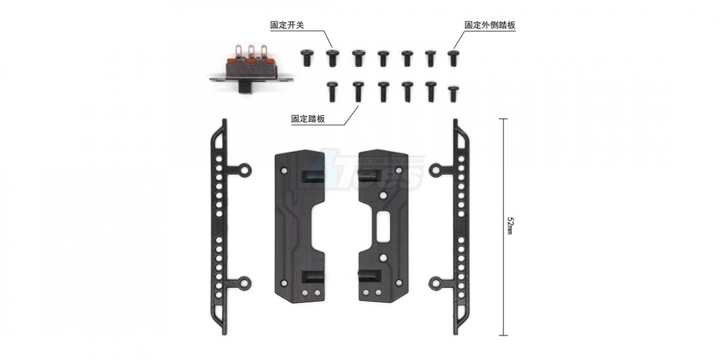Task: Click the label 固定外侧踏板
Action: click(x=490, y=24)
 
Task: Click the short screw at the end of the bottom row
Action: click(x=453, y=93)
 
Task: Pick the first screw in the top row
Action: click(x=308, y=57)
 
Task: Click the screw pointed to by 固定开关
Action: click(x=333, y=57)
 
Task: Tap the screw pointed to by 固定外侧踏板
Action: click(x=453, y=57)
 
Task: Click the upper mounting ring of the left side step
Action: click(x=245, y=171)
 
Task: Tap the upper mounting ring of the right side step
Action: click(x=435, y=171)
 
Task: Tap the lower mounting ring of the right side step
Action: click(x=435, y=283)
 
